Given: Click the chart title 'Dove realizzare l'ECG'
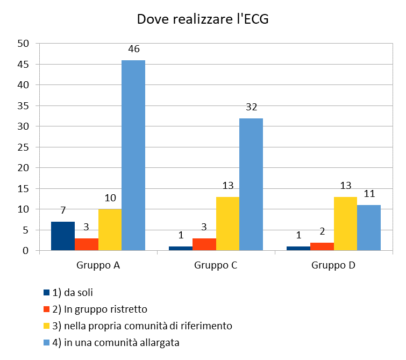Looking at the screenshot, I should [x=202, y=19].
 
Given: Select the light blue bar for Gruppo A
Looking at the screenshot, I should [x=133, y=156].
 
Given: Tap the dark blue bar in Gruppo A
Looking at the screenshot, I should [x=63, y=236].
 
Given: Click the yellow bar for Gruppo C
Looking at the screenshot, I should [x=227, y=224].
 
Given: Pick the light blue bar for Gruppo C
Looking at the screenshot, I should [x=251, y=185].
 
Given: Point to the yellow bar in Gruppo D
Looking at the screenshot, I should [x=345, y=224].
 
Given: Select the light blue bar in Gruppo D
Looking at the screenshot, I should [x=369, y=228].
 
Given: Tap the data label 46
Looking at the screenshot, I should [x=134, y=49].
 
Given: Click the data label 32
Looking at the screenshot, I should [x=252, y=107].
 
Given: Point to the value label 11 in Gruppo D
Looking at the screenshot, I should [x=369, y=194].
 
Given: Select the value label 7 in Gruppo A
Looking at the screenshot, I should [x=63, y=210].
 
